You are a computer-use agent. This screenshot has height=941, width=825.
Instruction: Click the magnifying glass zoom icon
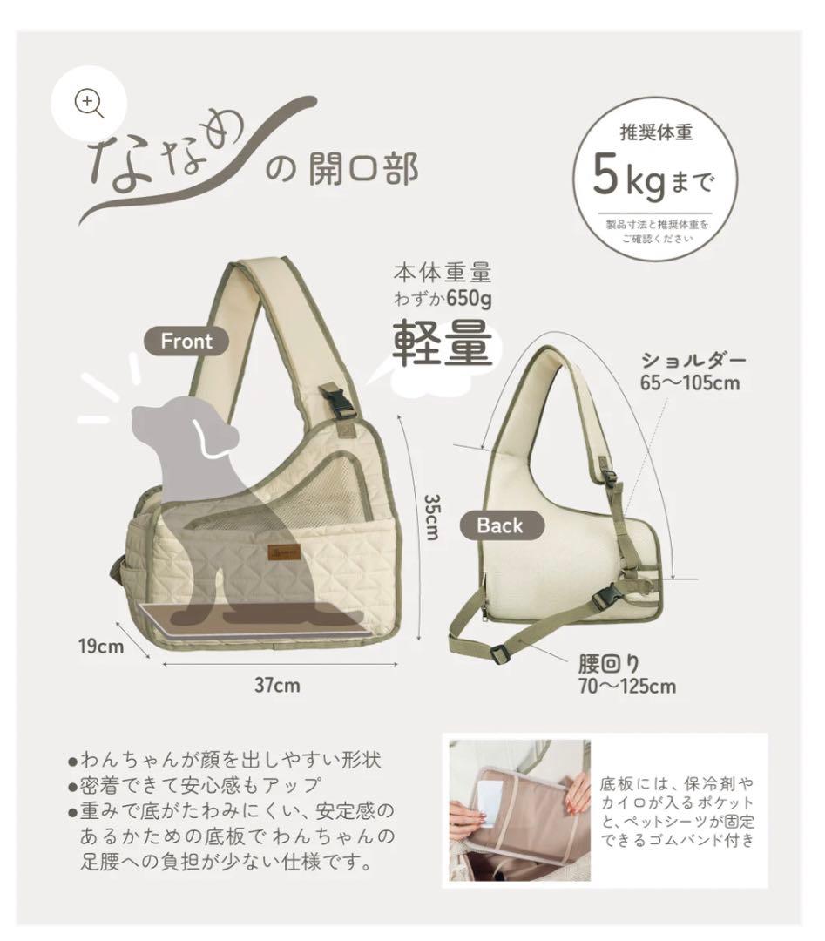tap(90, 103)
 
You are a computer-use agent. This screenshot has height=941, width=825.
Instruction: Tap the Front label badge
tap(186, 341)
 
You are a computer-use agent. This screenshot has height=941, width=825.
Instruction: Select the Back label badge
tap(500, 525)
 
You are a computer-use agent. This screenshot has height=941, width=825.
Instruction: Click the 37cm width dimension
tap(277, 685)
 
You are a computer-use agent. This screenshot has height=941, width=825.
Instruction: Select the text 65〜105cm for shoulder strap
tap(690, 382)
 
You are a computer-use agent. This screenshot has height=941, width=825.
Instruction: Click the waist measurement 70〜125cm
tap(626, 686)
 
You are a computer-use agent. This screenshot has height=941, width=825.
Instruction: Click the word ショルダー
tap(694, 359)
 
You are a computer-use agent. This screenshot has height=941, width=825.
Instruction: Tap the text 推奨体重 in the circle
tap(656, 133)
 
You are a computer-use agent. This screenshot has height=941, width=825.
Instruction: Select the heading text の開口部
tap(341, 168)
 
